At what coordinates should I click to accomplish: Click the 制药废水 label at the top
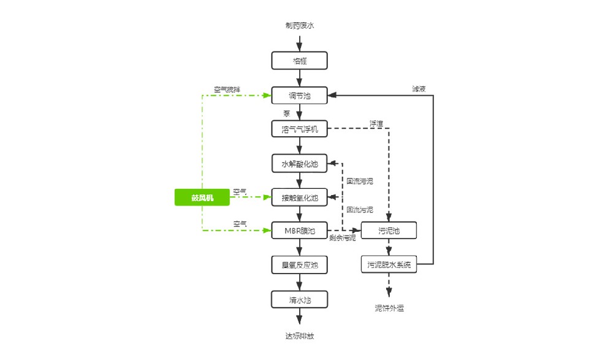300,26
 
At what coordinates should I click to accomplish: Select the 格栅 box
300,60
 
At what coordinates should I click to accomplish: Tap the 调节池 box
300,95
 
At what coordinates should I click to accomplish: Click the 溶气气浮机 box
300,129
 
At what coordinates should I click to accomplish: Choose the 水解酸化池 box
300,163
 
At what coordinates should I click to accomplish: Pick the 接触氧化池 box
300,197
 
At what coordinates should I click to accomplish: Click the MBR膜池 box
300,231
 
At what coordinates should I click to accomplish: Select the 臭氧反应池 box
300,265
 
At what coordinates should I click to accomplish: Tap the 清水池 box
300,299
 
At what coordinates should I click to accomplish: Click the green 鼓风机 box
202,197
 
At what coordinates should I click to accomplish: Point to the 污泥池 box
389,231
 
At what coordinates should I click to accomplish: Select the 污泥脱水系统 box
389,265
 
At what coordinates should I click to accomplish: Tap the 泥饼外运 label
389,308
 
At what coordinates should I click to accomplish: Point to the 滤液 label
419,89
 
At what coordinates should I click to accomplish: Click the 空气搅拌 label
227,89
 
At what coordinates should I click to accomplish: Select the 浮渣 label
376,123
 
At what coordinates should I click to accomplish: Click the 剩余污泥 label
342,238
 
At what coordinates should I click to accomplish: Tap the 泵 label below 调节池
287,113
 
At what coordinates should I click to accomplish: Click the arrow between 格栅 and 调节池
300,77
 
